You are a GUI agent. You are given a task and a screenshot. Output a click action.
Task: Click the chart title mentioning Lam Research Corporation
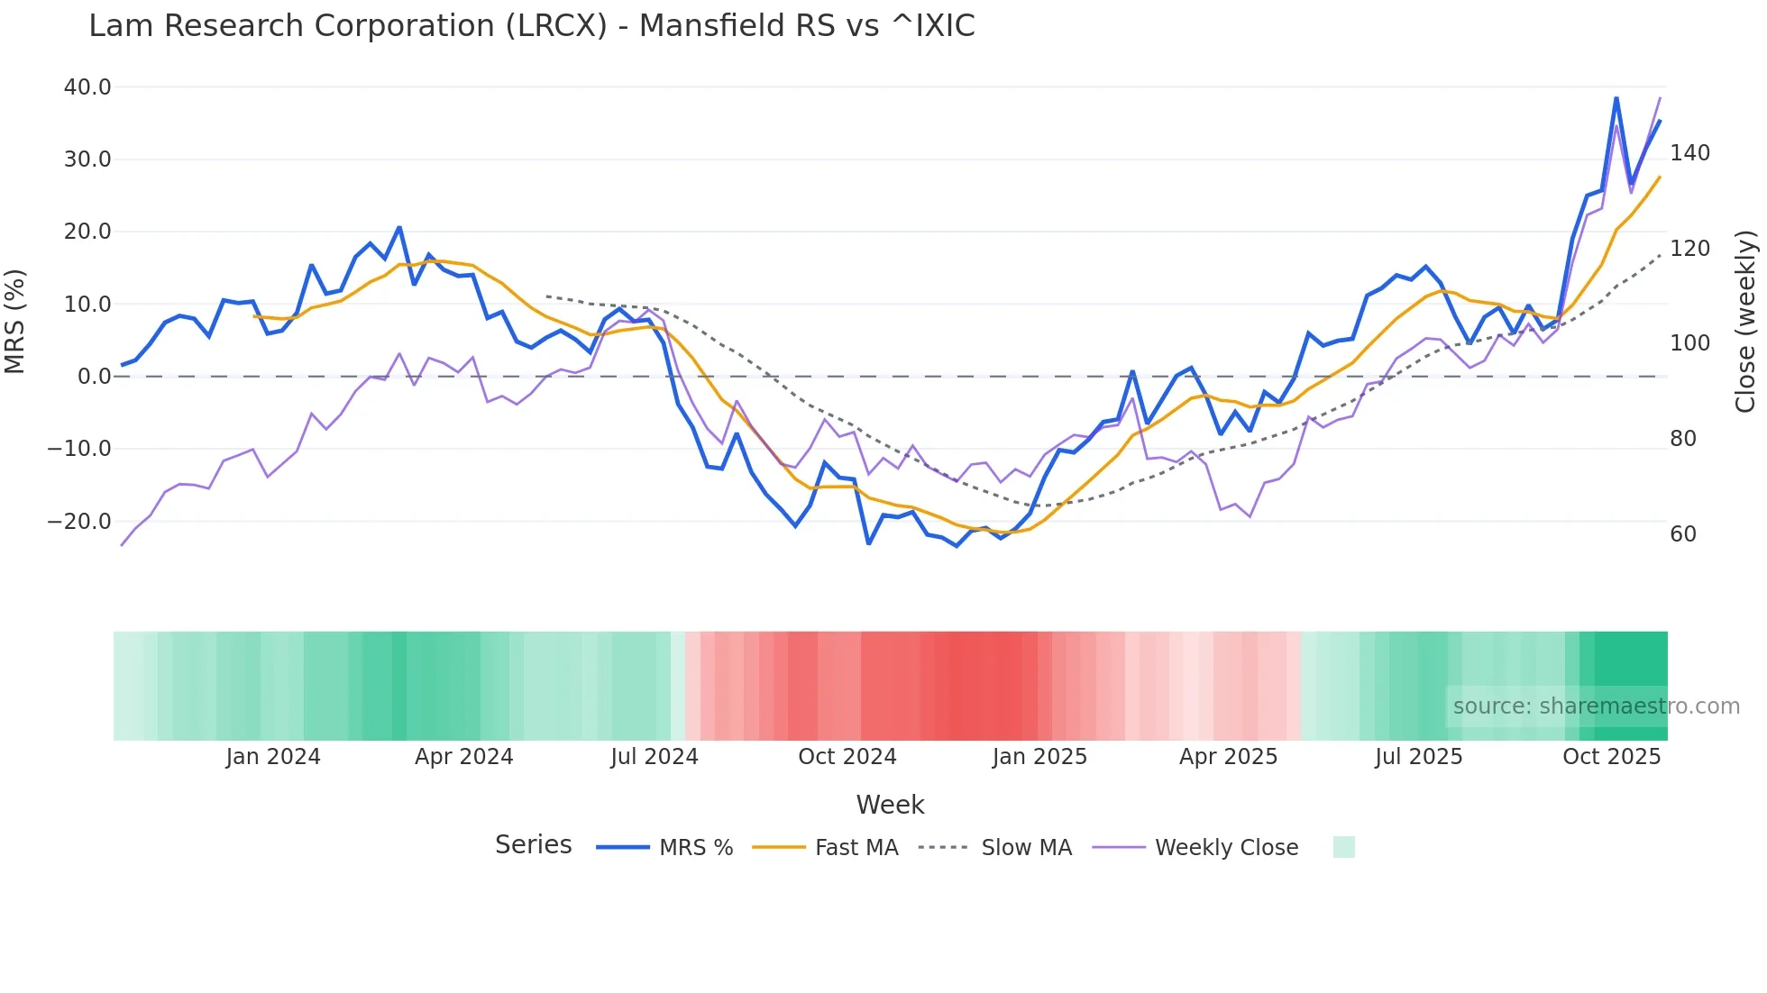pos(531,26)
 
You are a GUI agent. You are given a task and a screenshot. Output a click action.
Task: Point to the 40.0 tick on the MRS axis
pos(87,87)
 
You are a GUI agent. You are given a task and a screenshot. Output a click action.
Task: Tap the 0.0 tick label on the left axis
pos(94,377)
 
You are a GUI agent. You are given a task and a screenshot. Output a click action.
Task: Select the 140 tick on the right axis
pos(1689,153)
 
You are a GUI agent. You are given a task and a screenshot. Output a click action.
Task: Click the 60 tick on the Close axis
pos(1682,534)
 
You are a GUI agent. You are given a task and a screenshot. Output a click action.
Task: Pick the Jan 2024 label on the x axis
pos(273,757)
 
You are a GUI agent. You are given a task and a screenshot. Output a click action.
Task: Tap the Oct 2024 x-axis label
pos(847,757)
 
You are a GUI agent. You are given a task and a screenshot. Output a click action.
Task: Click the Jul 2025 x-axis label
pos(1418,757)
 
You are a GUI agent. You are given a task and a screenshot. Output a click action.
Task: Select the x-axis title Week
pos(890,805)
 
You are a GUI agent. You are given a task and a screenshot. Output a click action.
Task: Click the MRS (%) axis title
pos(15,322)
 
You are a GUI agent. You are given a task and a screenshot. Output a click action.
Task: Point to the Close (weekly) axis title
pos(1745,322)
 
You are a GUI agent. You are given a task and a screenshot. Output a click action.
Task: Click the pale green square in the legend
pos(1343,847)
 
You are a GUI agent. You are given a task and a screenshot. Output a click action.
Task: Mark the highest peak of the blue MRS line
pos(1616,98)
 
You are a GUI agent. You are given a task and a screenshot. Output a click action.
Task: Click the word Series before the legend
pos(533,845)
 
